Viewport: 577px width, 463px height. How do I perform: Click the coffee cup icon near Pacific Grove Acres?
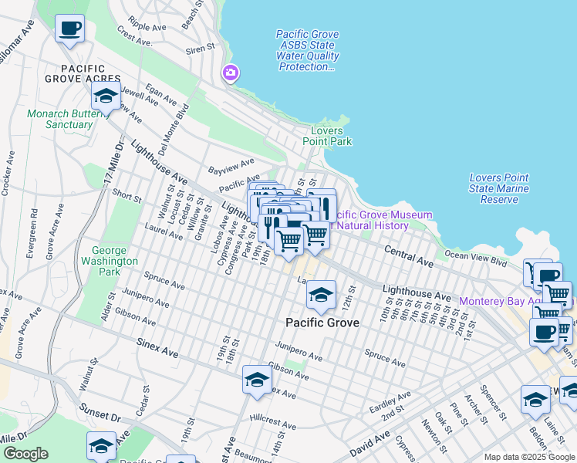70,29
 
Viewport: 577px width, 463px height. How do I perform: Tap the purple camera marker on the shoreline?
230,73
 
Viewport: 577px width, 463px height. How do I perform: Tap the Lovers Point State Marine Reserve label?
499,188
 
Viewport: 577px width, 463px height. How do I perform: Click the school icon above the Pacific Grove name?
321,295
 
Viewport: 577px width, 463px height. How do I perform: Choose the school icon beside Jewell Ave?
106,96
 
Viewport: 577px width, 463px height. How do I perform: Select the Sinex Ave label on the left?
157,346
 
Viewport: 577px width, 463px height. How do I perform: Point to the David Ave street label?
371,444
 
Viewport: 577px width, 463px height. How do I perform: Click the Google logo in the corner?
25,454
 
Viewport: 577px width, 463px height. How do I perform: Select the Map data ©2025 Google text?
530,457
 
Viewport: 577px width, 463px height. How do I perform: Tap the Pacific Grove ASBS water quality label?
307,50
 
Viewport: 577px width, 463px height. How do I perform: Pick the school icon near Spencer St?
535,399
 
